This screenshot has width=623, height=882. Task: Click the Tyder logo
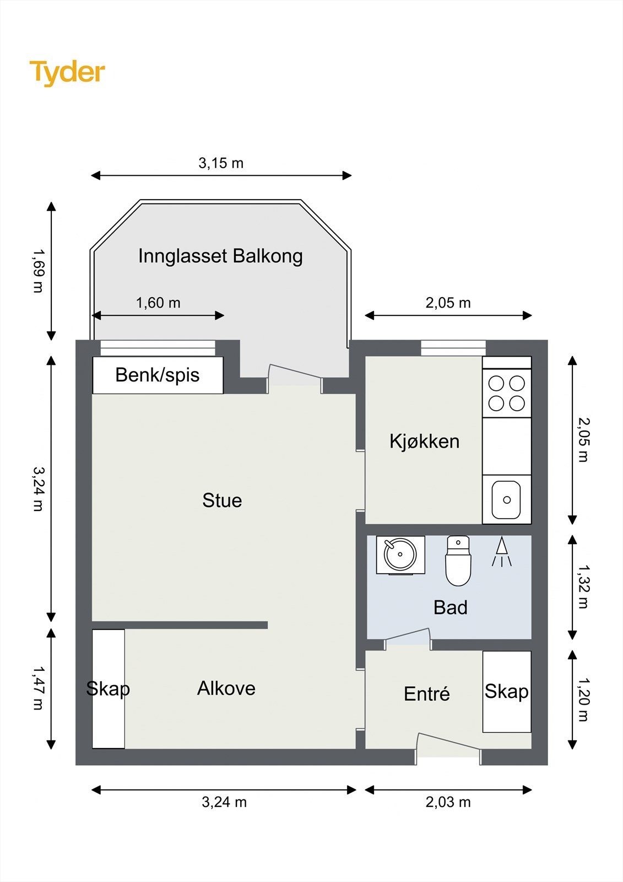coord(67,72)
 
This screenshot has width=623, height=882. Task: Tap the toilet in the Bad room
coord(458,561)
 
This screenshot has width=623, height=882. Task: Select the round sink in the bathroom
coord(400,555)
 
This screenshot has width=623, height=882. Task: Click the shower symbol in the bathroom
coord(501,552)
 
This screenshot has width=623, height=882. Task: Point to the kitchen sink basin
coord(506,500)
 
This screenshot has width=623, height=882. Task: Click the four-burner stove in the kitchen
coord(507,393)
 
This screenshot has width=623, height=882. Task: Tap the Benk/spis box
coord(158,375)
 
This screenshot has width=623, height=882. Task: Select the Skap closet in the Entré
coord(507,692)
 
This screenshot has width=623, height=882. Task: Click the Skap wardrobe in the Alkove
coord(108,689)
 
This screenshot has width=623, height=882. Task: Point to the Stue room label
coord(222,501)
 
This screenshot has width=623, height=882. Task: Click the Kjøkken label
coord(424,442)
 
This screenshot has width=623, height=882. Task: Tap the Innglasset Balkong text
coord(220,256)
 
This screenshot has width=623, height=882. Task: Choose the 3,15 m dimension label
coord(221,163)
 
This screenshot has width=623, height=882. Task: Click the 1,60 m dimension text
coord(158,303)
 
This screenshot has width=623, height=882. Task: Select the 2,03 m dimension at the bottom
coord(448,802)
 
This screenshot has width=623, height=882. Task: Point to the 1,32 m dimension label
coord(583,587)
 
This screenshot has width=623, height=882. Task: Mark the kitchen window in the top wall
coord(453,348)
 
